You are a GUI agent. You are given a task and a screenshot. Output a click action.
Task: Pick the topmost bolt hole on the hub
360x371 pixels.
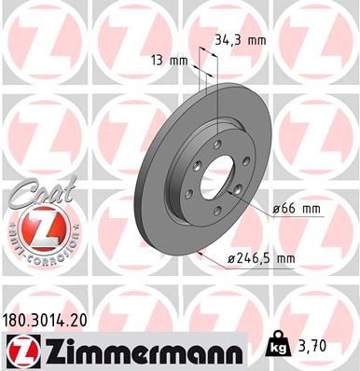(x=215, y=142)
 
